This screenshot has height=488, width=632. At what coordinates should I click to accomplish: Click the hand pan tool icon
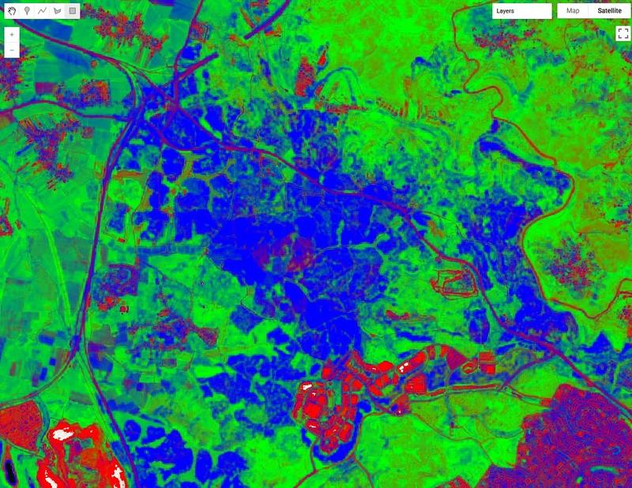pyautogui.click(x=12, y=12)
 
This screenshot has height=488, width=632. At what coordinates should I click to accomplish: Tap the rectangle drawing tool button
pyautogui.click(x=72, y=12)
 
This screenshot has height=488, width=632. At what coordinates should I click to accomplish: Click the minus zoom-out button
pyautogui.click(x=12, y=51)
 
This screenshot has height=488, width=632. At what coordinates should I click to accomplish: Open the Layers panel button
pyautogui.click(x=521, y=12)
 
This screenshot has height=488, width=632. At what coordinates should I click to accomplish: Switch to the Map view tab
pyautogui.click(x=574, y=12)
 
